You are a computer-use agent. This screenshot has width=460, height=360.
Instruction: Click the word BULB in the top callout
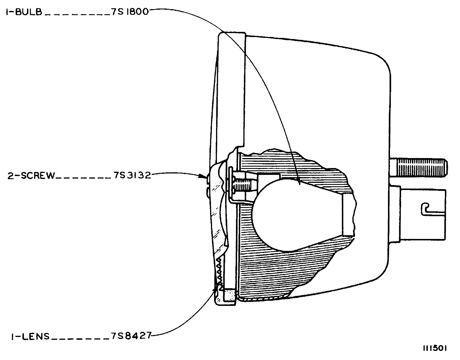(x=29, y=12)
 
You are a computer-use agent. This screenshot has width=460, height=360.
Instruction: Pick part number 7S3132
(x=132, y=175)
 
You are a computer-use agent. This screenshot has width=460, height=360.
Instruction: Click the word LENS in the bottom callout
(x=36, y=336)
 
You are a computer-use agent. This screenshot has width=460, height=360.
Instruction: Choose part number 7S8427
(x=131, y=336)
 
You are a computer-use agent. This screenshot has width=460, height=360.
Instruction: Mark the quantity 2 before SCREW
(x=11, y=176)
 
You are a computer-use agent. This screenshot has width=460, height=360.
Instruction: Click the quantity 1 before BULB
(x=7, y=12)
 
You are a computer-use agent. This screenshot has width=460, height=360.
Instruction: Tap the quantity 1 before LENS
(x=13, y=336)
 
